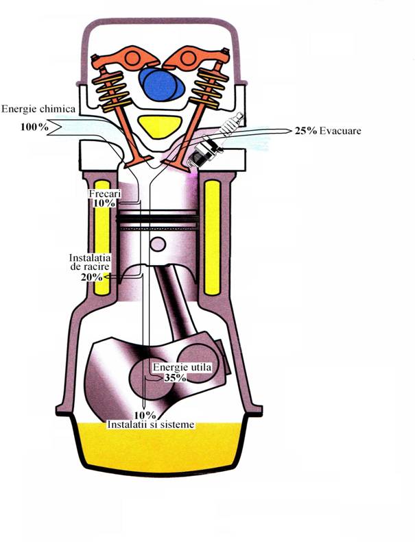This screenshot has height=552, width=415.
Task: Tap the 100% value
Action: pos(34,127)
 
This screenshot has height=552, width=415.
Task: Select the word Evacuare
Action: pos(343,130)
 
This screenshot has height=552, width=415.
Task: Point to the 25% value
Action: pos(306,130)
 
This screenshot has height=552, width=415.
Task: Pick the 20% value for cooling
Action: pos(91,277)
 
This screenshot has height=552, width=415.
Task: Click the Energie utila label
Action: pos(181,368)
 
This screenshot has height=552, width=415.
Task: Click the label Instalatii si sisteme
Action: pos(152,425)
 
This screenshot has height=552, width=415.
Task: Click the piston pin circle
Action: pos(158,244)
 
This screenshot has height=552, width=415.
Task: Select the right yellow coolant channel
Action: pos(213,236)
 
